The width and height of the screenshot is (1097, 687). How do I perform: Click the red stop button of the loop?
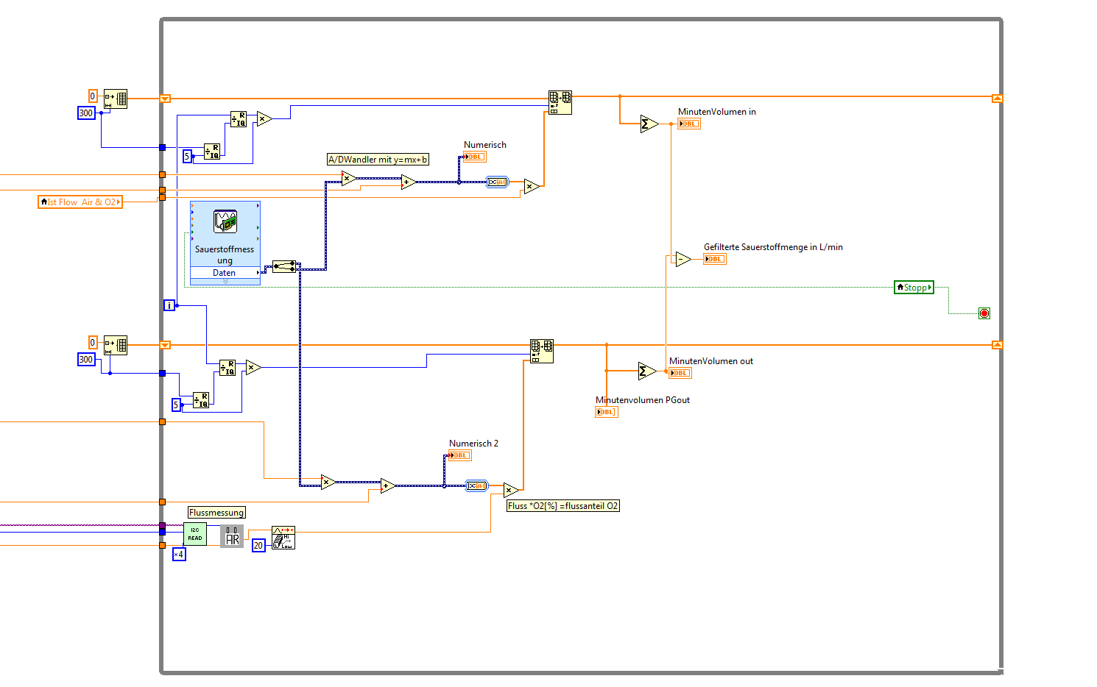click(x=984, y=313)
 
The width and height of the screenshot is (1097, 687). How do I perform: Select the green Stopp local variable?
click(x=914, y=288)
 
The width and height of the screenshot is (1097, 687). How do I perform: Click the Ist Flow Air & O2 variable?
click(x=80, y=202)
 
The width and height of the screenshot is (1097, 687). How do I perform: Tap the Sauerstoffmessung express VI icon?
click(x=225, y=221)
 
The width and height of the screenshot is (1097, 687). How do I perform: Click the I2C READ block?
click(x=195, y=534)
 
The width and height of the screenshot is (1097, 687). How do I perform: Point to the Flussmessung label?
click(x=216, y=513)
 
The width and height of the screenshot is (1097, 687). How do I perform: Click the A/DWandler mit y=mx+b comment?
click(x=378, y=160)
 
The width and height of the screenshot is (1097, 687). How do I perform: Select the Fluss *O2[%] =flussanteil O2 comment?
click(x=563, y=506)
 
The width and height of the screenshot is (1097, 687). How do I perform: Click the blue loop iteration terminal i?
click(x=169, y=305)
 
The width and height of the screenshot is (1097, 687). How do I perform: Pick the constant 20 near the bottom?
click(x=258, y=546)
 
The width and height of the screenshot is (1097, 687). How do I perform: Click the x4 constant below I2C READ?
click(x=179, y=555)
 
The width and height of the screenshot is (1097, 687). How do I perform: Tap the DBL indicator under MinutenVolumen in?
click(x=689, y=124)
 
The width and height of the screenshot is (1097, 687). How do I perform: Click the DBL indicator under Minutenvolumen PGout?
click(x=606, y=412)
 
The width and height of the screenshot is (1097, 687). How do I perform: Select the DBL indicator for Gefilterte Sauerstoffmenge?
click(x=714, y=259)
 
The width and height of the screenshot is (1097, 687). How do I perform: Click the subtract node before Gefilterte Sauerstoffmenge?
click(x=682, y=259)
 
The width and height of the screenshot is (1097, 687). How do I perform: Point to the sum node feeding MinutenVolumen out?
click(x=646, y=371)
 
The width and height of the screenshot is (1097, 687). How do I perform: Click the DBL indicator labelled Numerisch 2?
click(x=460, y=455)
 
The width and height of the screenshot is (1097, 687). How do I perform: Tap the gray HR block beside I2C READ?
click(x=232, y=536)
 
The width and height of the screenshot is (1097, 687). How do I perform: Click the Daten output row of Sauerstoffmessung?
click(x=225, y=273)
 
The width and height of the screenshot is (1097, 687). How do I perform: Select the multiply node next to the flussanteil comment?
click(x=510, y=490)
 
